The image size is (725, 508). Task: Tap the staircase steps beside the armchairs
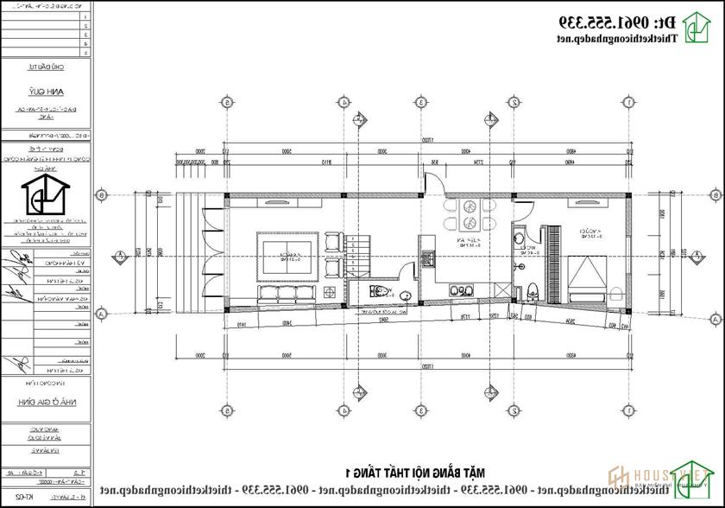[362, 250]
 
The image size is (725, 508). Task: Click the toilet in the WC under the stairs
[373, 292]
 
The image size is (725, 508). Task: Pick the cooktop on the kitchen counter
[426, 257]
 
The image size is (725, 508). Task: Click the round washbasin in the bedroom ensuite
[519, 238]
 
